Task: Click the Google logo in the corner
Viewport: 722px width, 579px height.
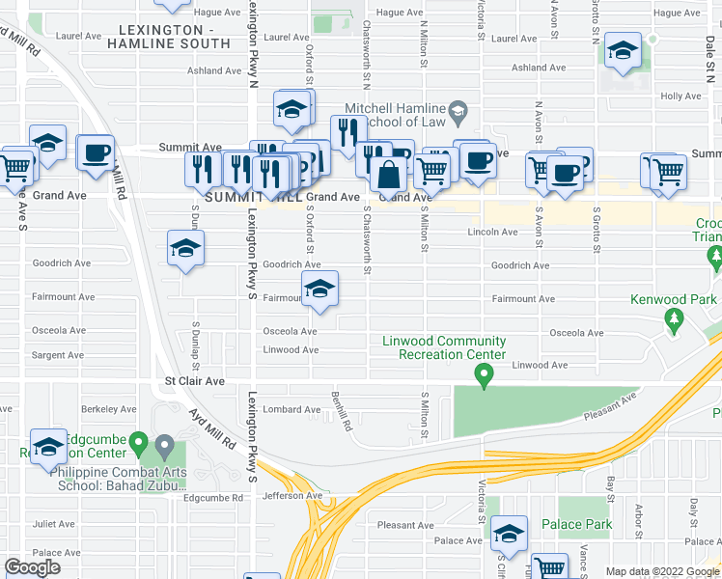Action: [32, 567]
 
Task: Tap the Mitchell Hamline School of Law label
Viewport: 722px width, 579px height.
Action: [397, 115]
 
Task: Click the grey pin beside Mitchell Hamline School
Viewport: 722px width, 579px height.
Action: [458, 112]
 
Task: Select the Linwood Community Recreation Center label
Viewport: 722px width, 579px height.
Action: [444, 347]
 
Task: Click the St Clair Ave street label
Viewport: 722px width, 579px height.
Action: [194, 381]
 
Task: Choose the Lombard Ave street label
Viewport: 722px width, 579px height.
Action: [292, 409]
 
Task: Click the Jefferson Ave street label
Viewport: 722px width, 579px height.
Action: [292, 496]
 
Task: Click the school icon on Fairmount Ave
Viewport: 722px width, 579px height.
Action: [320, 289]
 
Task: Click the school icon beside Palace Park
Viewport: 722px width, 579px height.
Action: [509, 532]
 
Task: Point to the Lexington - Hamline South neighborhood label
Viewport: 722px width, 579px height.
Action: [168, 37]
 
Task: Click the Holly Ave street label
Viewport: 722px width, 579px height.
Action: [680, 96]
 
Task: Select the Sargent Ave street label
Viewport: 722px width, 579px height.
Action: [59, 355]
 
